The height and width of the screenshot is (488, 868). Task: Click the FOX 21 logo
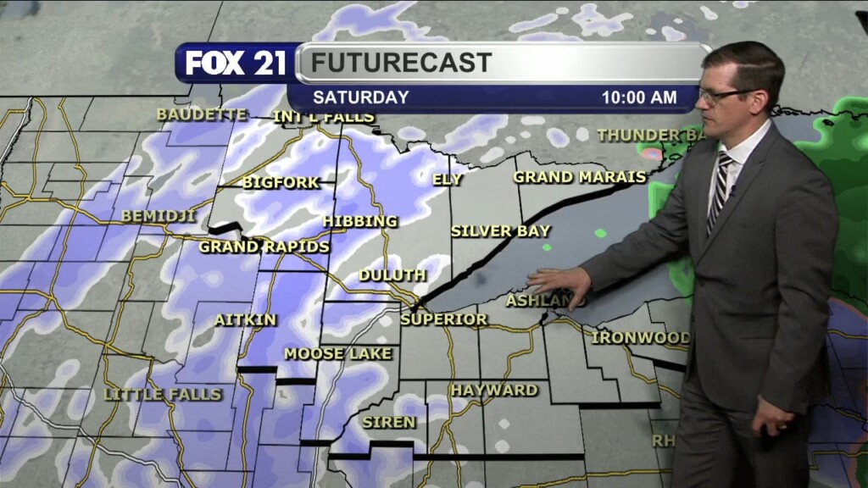(x=236, y=64)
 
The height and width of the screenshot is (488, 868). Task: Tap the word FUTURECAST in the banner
(x=401, y=63)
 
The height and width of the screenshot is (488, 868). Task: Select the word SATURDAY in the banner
(x=360, y=97)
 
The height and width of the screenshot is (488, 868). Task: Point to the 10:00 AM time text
(x=639, y=97)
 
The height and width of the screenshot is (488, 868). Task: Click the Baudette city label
(x=190, y=114)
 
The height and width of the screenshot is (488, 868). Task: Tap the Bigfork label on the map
(x=281, y=182)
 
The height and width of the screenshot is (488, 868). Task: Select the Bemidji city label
(x=159, y=216)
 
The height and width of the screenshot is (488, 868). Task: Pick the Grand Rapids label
(x=264, y=247)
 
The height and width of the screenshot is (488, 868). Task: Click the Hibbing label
(x=359, y=221)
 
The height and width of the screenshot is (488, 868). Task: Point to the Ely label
(x=448, y=179)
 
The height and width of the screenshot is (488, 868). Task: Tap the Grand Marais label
(x=574, y=177)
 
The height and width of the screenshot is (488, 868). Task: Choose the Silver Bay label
(x=500, y=230)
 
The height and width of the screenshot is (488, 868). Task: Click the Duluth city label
(x=392, y=275)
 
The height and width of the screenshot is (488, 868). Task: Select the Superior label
(x=443, y=319)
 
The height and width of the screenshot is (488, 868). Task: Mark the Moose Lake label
(x=338, y=353)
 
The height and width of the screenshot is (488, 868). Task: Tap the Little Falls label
(x=162, y=394)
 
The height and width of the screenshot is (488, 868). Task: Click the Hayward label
(x=493, y=390)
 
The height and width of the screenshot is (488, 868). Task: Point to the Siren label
(x=389, y=421)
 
